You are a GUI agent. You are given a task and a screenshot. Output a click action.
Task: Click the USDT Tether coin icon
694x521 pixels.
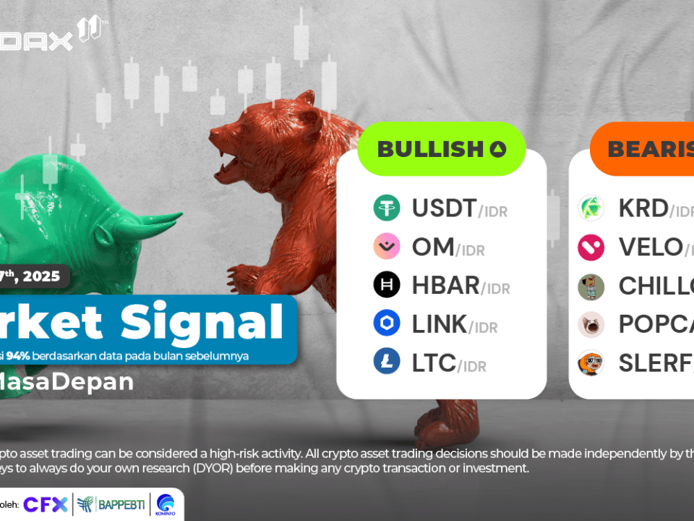pos(387,208)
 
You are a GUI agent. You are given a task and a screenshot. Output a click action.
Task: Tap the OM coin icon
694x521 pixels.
pos(387,247)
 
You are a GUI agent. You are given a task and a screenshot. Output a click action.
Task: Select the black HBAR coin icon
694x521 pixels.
pos(387,285)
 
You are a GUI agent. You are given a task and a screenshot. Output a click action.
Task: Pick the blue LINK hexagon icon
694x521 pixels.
pos(387,323)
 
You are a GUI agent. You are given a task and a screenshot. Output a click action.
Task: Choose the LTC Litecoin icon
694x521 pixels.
pos(387,361)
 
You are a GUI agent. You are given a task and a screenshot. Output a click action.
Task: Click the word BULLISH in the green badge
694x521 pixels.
pos(429,149)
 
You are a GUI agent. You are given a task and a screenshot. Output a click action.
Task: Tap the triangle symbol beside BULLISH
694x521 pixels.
pos(497,150)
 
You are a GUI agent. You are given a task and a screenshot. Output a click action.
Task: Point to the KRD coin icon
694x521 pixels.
pos(591,208)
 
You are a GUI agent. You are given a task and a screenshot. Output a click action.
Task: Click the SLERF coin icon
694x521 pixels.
pos(591,362)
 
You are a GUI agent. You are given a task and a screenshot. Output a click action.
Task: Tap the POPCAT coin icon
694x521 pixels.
pos(591,324)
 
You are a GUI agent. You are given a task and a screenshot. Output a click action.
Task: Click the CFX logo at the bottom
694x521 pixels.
pos(46,504)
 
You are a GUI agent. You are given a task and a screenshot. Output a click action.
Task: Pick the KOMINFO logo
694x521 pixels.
pos(164,504)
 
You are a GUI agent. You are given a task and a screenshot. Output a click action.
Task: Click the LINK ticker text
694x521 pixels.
pos(440,324)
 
